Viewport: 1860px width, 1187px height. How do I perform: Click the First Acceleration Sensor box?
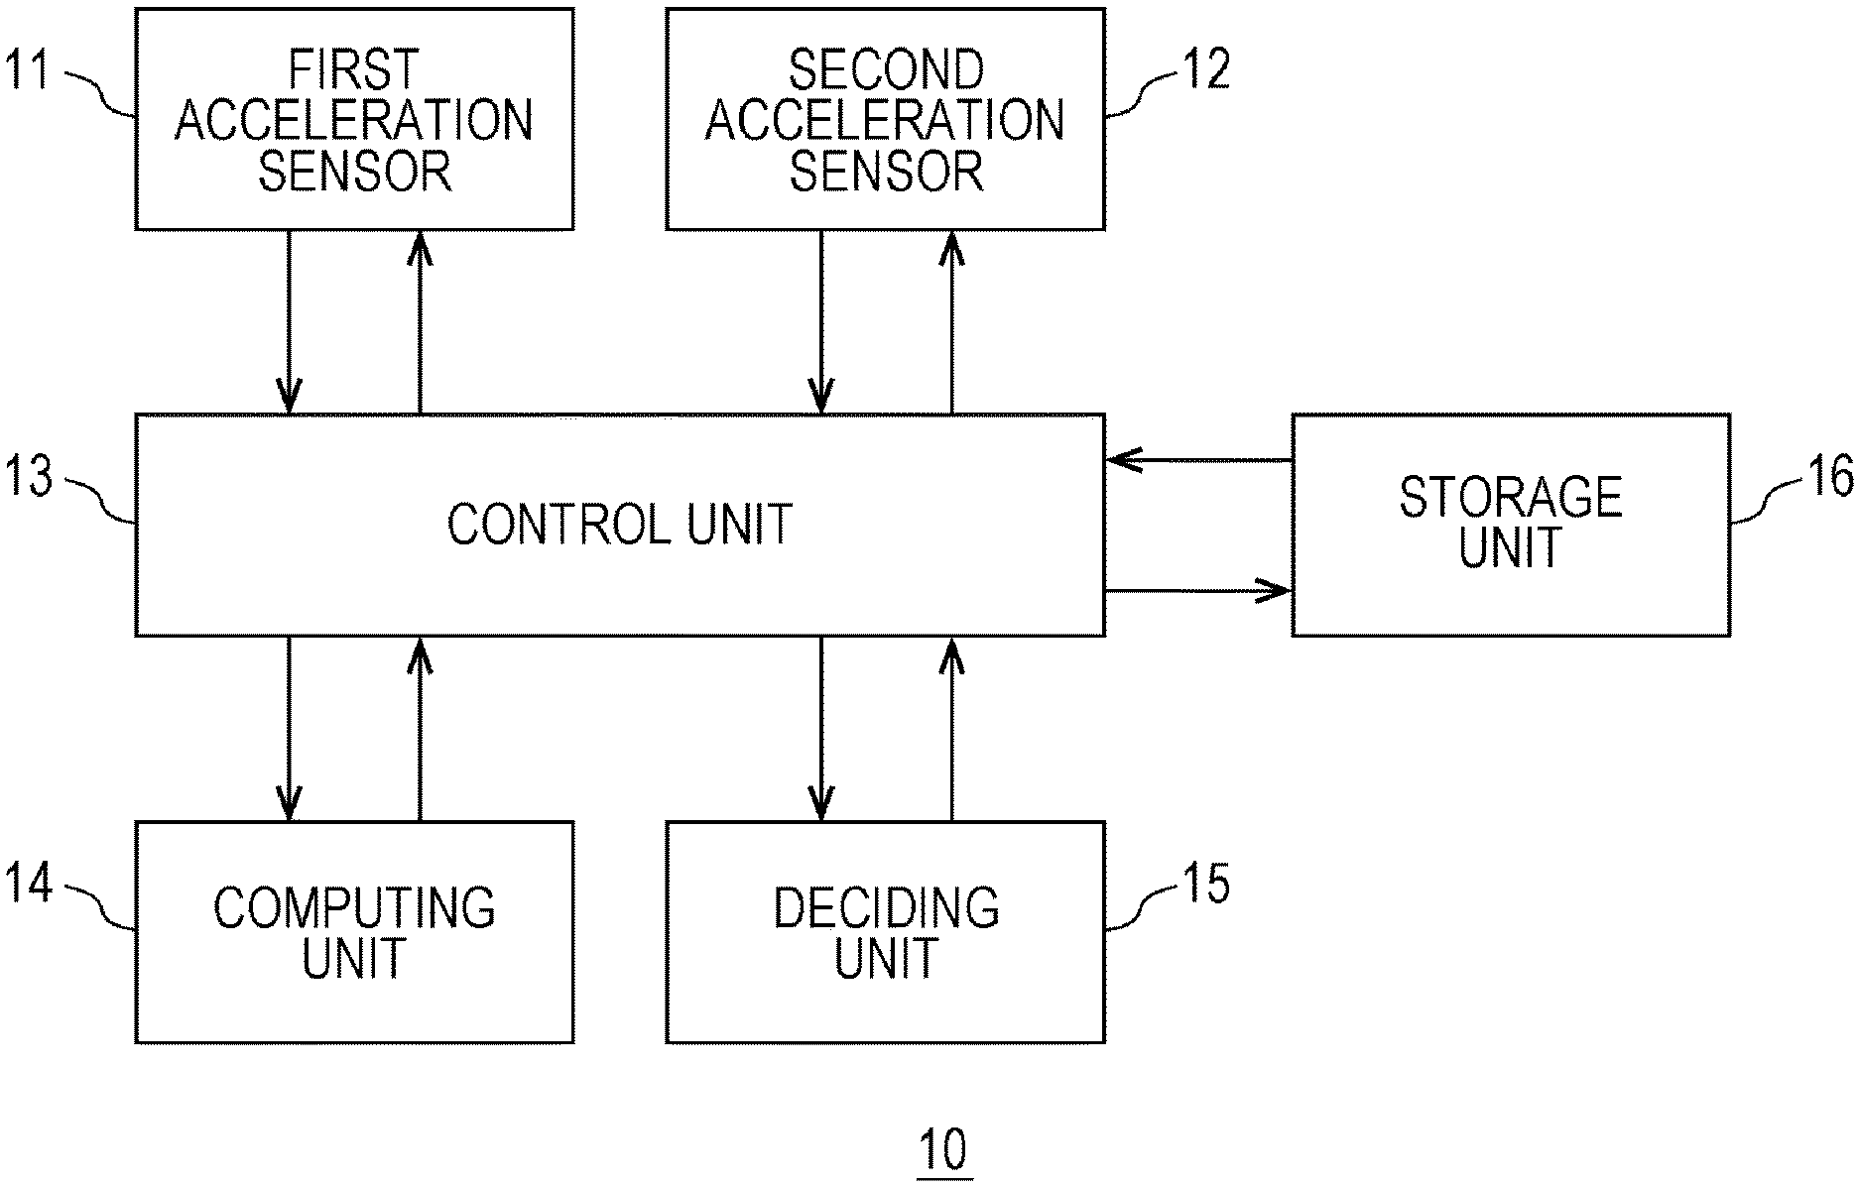click(354, 119)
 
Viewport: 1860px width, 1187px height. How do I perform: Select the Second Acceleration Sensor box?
click(885, 119)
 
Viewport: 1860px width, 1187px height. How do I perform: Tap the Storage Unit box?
click(1510, 524)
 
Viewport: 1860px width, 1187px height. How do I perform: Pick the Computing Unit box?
click(354, 932)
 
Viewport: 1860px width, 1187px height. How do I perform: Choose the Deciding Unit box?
click(885, 932)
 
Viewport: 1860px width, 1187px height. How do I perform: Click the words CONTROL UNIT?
click(619, 524)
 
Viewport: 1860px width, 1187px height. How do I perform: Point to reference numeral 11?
click(29, 71)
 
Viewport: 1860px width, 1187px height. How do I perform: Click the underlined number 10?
click(943, 1152)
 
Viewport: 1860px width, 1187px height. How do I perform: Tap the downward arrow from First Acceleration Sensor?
click(289, 321)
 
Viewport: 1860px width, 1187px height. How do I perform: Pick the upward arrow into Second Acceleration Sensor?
click(951, 321)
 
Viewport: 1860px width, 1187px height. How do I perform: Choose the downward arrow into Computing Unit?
click(289, 728)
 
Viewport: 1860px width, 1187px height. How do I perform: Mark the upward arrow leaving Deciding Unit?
click(951, 728)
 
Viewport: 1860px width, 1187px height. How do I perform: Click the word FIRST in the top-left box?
click(354, 69)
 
